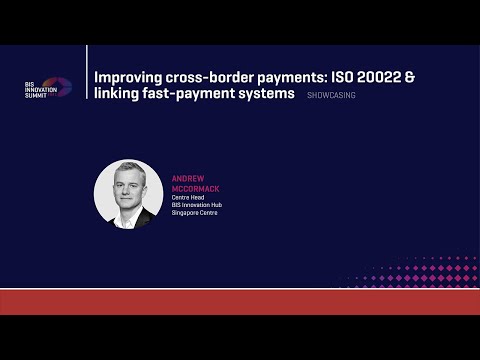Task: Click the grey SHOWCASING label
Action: (x=332, y=96)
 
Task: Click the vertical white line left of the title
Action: (x=87, y=85)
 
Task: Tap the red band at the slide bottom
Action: (x=240, y=301)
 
